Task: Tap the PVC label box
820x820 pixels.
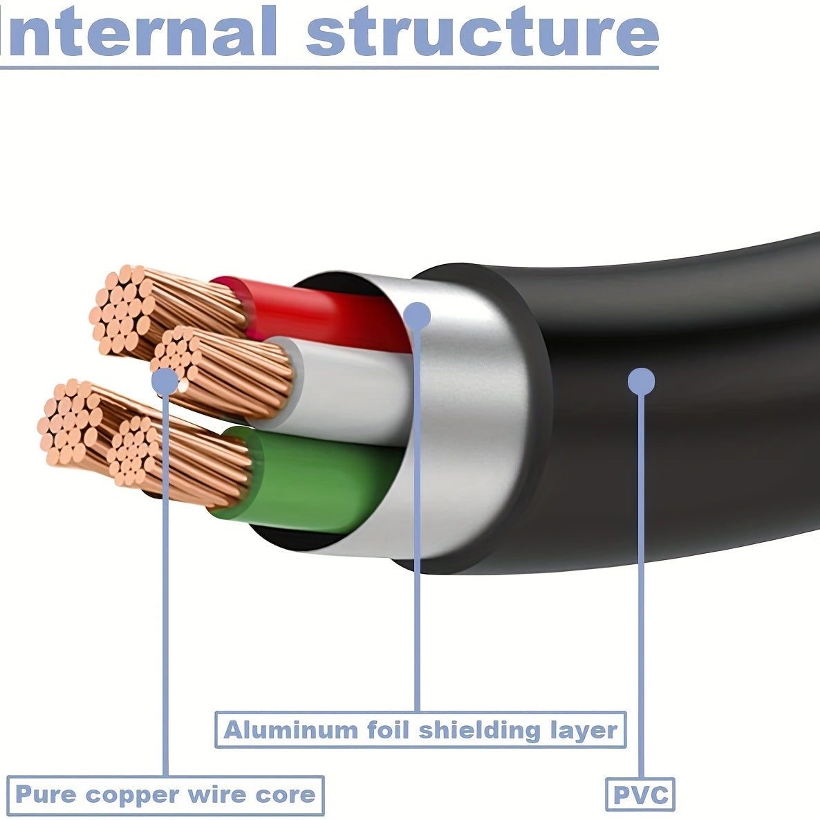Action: click(640, 794)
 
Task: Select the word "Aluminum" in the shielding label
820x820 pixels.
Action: click(281, 730)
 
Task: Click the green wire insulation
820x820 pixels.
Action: click(311, 477)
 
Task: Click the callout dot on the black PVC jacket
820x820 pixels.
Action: click(641, 381)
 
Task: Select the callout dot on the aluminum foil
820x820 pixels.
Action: click(416, 315)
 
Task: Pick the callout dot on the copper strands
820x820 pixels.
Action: click(165, 381)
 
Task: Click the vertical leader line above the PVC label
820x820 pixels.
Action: click(642, 588)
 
